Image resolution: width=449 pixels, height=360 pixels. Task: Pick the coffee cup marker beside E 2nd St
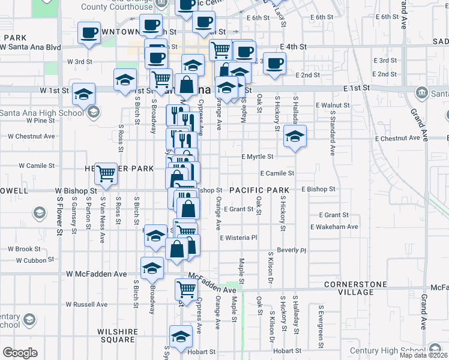(275, 63)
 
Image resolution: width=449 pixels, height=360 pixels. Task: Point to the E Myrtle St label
(257, 157)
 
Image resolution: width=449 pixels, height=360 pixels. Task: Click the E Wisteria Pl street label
(238, 238)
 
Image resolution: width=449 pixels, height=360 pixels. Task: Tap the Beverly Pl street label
(292, 250)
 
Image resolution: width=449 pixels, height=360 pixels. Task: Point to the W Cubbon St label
(35, 260)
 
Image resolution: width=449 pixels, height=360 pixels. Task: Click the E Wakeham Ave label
(334, 227)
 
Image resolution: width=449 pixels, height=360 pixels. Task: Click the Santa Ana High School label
(42, 112)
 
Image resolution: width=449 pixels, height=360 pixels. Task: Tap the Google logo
(19, 353)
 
